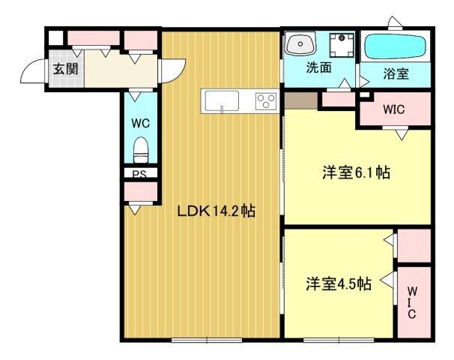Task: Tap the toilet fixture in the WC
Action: [140, 151]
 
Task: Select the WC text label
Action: [140, 121]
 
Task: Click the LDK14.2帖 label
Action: [217, 211]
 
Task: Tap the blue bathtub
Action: [396, 46]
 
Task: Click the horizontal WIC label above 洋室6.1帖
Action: [393, 109]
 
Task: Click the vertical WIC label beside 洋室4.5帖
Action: [412, 301]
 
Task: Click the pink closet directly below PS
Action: [140, 192]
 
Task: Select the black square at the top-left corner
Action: [54, 35]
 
